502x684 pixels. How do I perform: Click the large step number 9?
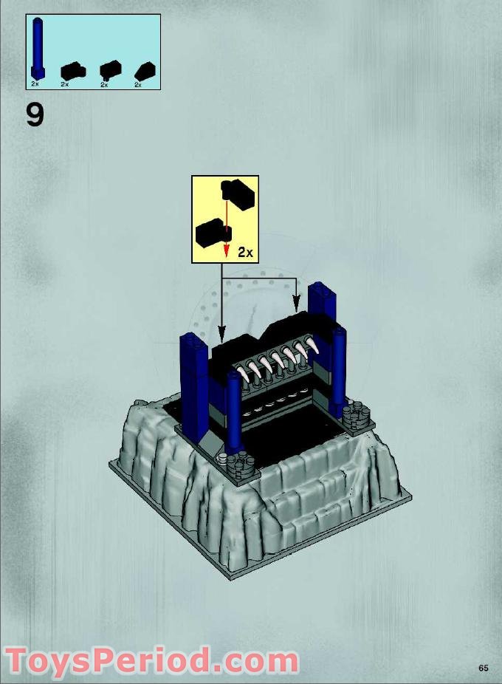(x=35, y=114)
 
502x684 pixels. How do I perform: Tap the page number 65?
(x=483, y=668)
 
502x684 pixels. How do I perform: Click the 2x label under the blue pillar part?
(x=35, y=85)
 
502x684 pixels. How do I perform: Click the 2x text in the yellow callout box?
(x=245, y=253)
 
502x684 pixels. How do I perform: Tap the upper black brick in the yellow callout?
(x=238, y=194)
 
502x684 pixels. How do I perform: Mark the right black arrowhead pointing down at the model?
(x=297, y=303)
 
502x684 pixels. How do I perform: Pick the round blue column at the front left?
(x=234, y=414)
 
